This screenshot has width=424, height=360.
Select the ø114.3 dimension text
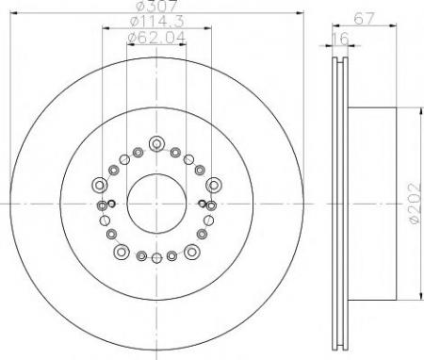pos(156,21)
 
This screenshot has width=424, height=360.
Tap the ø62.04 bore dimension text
pos(156,38)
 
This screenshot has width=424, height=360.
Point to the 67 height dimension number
pos(365,19)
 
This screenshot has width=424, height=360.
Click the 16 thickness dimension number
pos(340,40)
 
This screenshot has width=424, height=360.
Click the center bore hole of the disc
pos(156,204)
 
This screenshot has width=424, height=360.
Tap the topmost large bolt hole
pos(156,143)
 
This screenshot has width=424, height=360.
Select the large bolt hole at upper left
pos(100,185)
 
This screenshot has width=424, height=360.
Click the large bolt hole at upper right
pos(214,185)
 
